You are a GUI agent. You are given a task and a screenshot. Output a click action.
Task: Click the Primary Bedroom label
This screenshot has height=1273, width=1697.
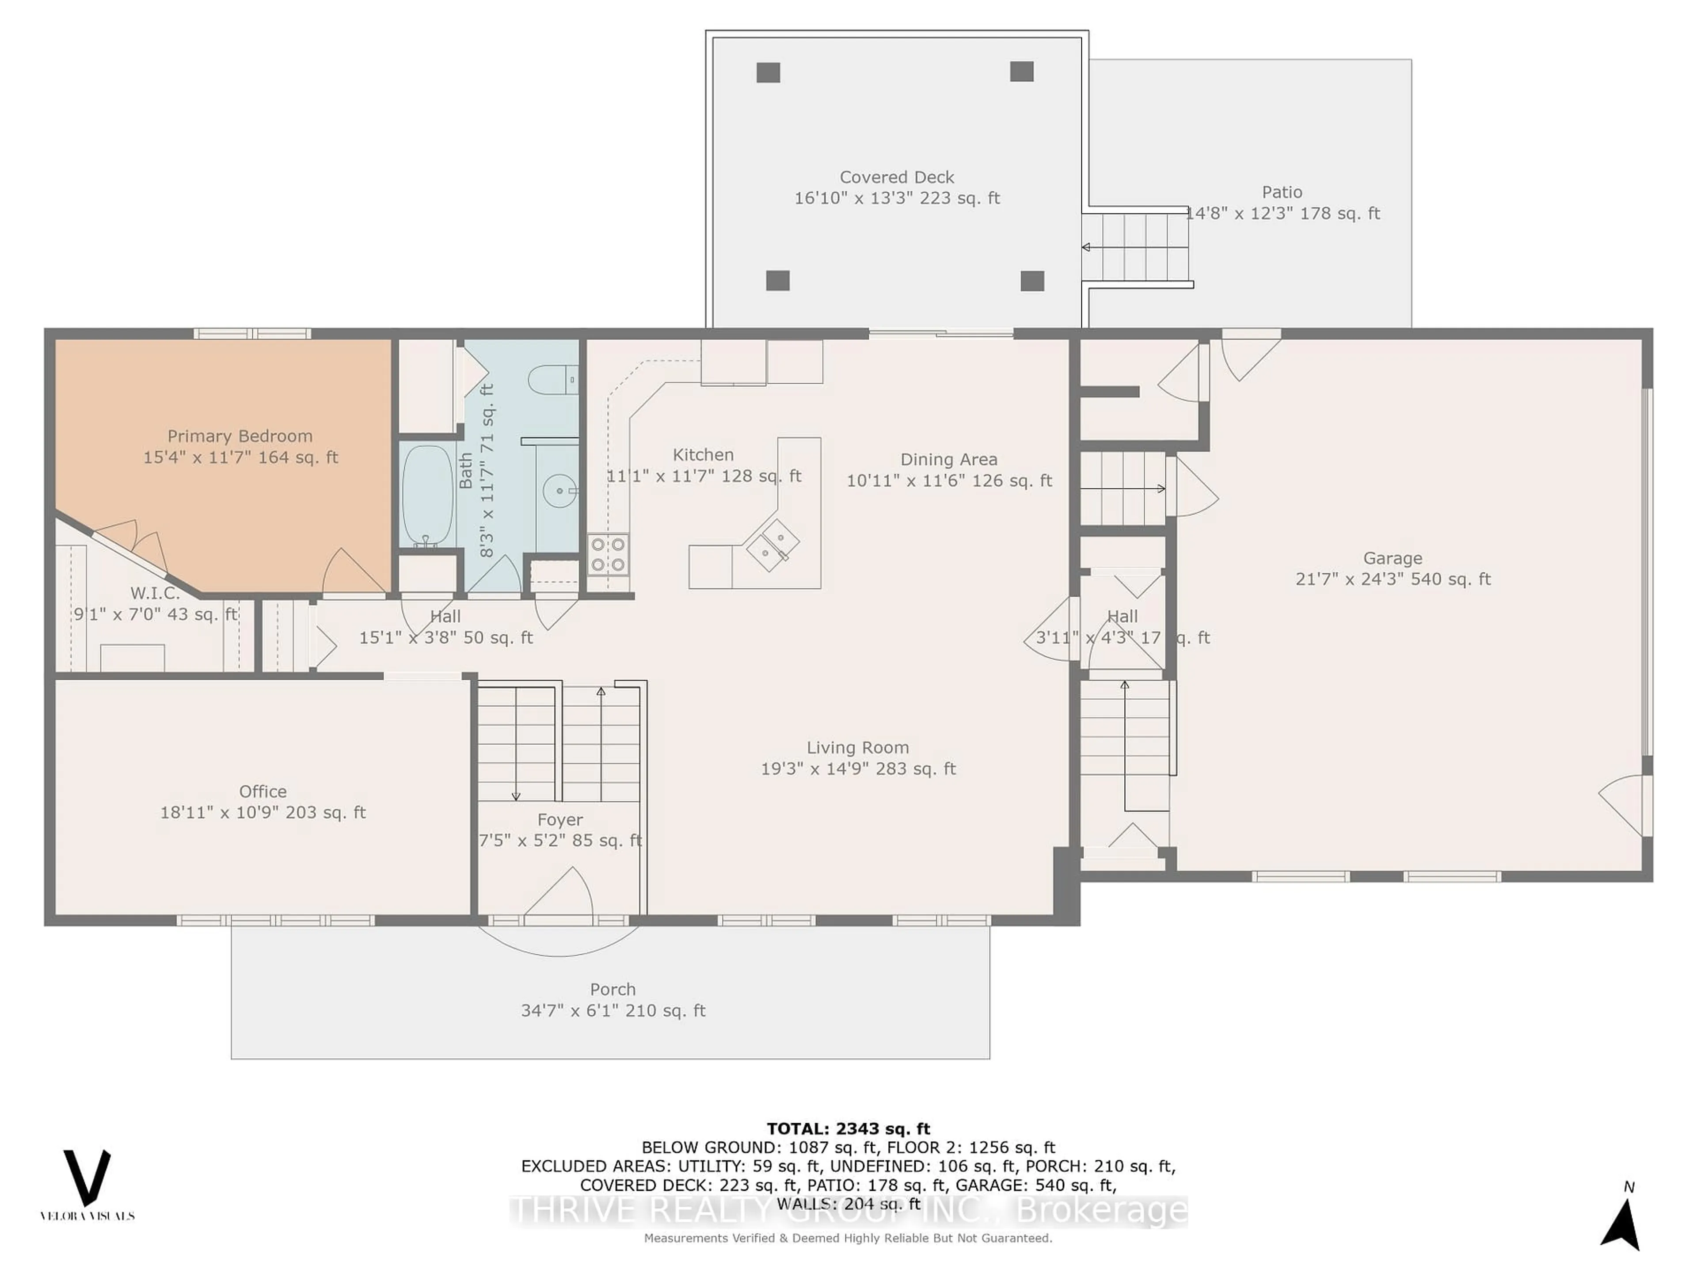pos(240,436)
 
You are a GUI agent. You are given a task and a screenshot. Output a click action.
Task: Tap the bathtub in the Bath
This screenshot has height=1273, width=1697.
pos(427,495)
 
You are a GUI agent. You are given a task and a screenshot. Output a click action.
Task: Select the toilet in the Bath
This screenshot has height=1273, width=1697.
pos(551,380)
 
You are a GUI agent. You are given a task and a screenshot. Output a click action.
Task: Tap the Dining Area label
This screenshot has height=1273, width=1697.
pos(949,459)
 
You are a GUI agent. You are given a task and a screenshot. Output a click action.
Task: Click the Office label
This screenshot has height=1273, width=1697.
pos(263,791)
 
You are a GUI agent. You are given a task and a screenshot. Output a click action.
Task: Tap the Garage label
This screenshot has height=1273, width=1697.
pos(1393,558)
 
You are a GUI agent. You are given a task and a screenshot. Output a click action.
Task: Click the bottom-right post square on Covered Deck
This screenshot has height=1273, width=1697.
pos(1032,281)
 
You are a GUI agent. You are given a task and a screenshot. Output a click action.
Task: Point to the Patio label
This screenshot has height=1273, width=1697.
pos(1282,192)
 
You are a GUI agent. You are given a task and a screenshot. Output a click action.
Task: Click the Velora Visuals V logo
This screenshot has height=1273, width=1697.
pos(87,1178)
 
